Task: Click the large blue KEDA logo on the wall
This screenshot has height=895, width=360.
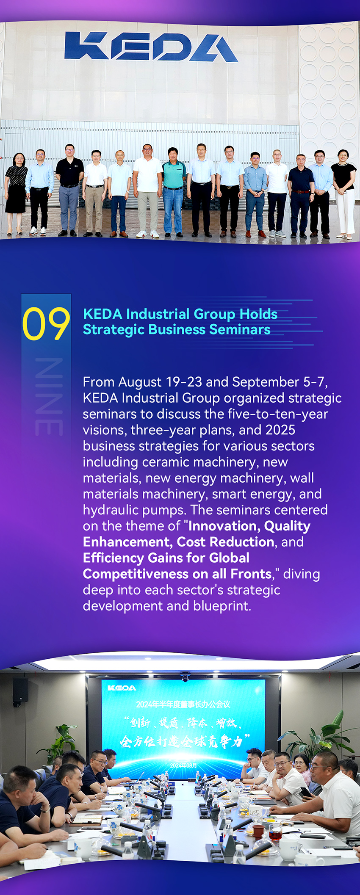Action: coord(151,46)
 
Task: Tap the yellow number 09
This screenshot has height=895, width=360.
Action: coord(46,324)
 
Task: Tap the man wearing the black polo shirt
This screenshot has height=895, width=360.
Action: coord(69,190)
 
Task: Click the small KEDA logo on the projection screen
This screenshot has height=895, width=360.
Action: coord(122,688)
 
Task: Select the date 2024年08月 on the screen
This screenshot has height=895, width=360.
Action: coord(183,765)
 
